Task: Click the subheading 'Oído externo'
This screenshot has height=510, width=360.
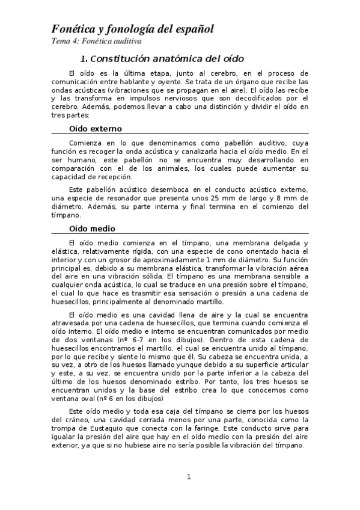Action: pos(96,128)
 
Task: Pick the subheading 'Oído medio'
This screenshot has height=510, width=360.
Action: pos(92,229)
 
